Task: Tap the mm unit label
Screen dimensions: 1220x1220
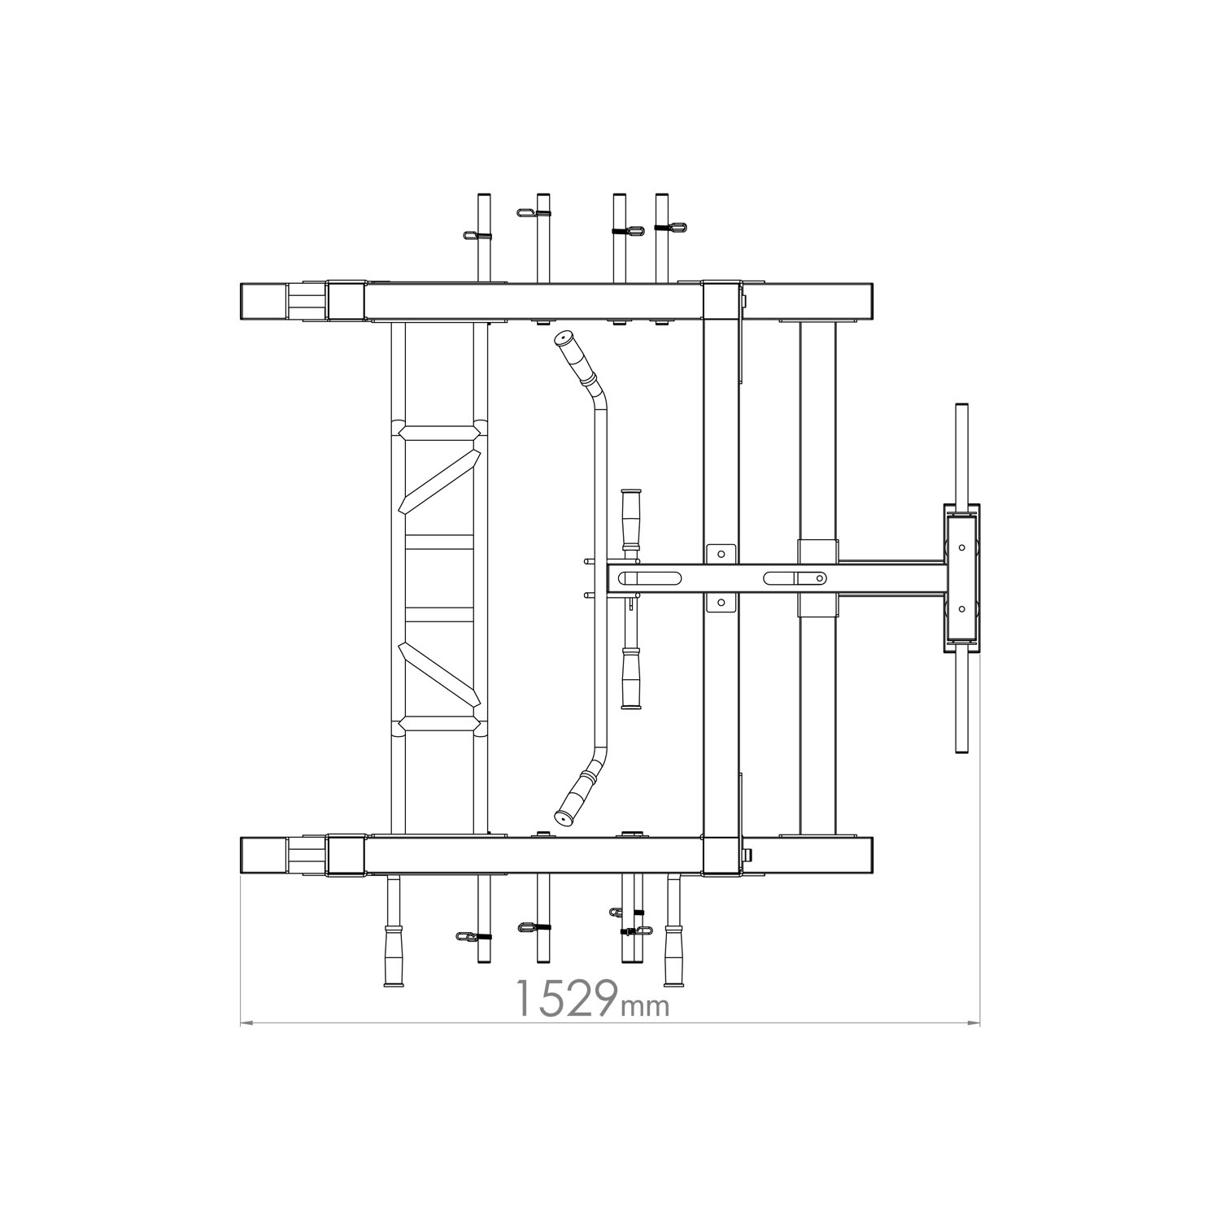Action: (645, 1006)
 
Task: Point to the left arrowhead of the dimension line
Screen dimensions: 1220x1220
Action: (246, 1022)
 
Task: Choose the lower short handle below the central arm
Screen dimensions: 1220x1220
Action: (630, 678)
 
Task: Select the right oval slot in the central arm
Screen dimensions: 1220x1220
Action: (795, 577)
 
